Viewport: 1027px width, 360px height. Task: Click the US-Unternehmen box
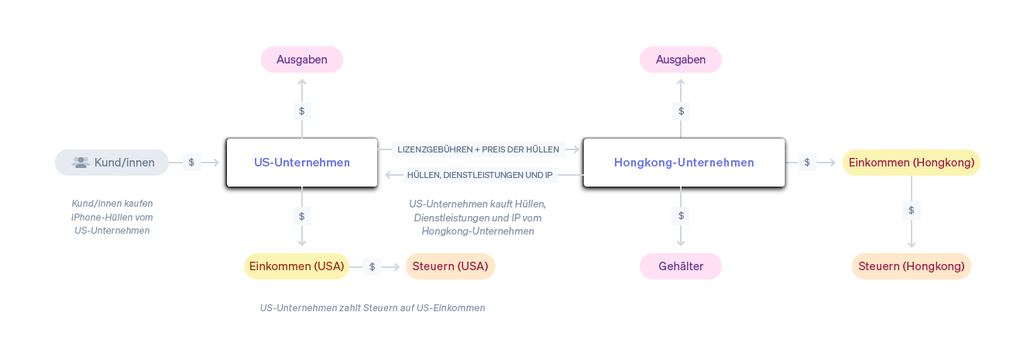coord(301,163)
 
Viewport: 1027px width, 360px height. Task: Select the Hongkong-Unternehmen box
coord(684,163)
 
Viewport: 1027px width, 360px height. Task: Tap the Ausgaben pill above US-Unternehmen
coord(302,60)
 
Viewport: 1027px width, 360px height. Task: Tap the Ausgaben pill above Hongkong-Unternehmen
coord(681,60)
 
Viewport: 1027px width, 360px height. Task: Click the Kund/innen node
coord(112,163)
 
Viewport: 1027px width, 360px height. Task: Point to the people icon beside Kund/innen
coord(81,163)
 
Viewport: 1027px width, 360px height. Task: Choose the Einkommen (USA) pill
coord(297,266)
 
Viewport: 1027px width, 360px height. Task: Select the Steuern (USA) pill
coord(450,266)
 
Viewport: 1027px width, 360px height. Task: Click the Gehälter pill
coord(681,266)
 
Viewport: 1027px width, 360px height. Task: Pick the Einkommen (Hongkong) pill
coord(911,163)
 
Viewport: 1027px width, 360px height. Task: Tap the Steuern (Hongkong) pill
coord(911,266)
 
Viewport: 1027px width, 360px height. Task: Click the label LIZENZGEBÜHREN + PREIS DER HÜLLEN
coord(478,149)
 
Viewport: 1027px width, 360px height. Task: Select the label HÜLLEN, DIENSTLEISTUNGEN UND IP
coord(480,175)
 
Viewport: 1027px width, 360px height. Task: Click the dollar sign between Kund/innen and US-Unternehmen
coord(191,163)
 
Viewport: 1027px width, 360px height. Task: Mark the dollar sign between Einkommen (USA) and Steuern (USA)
coord(372,266)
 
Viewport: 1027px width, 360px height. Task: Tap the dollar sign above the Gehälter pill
coord(681,216)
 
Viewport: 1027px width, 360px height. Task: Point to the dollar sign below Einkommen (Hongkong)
coord(911,210)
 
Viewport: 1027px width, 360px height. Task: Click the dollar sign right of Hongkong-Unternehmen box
coord(807,163)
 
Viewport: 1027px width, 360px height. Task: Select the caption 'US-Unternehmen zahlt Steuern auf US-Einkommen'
coord(373,308)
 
